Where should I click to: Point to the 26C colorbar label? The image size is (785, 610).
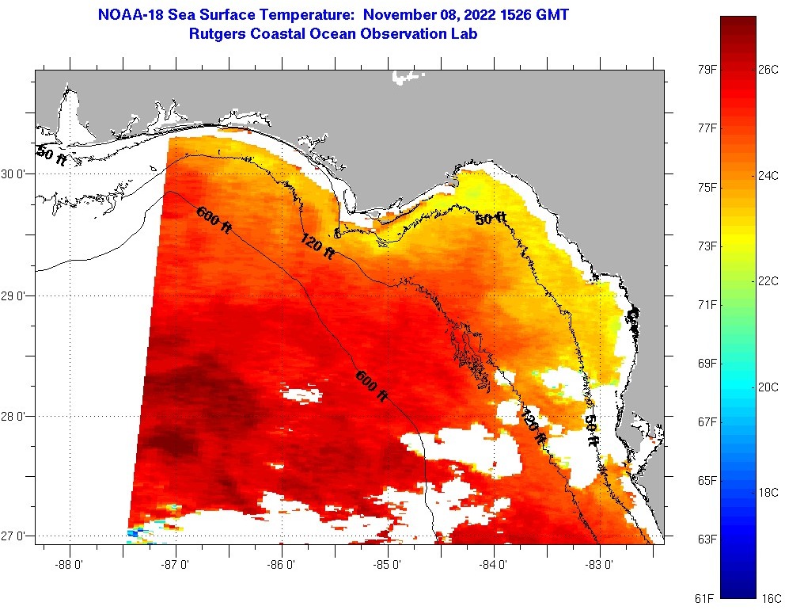pos(768,70)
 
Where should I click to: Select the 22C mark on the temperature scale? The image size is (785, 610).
pos(768,281)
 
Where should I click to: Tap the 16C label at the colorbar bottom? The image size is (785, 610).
pos(771,597)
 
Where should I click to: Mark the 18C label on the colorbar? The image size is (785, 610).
pos(768,492)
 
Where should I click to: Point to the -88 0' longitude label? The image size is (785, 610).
pos(70,566)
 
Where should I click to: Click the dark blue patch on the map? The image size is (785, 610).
pos(135,534)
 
